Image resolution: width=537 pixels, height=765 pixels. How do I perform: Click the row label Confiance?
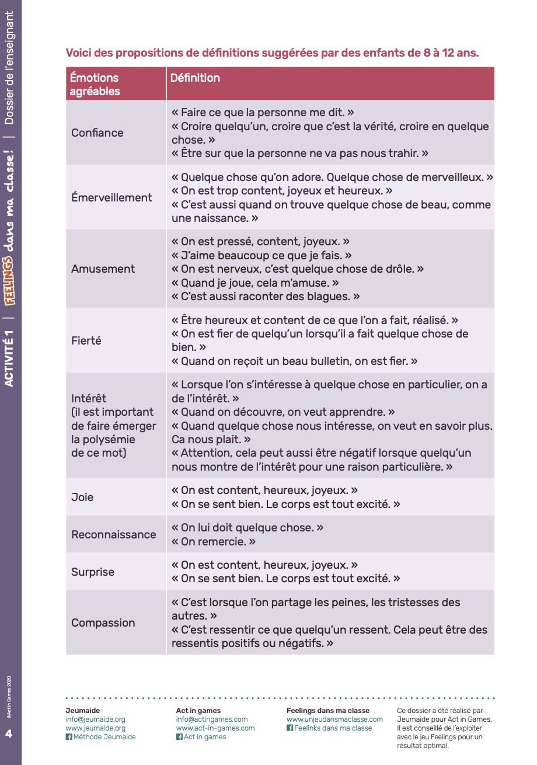[x=97, y=133]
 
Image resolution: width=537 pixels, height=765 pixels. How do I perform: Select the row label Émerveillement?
[x=111, y=197]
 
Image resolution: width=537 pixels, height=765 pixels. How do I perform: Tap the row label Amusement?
[x=103, y=269]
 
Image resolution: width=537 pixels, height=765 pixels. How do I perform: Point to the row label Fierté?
[x=86, y=340]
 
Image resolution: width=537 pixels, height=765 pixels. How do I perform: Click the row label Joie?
[x=82, y=497]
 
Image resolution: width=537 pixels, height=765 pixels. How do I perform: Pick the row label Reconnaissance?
[x=114, y=534]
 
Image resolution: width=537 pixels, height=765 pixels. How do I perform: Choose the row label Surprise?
[x=93, y=572]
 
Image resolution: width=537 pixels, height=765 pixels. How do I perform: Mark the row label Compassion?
[x=103, y=623]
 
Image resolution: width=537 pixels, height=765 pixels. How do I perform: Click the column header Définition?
[x=195, y=78]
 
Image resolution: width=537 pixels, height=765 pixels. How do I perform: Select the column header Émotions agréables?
[x=95, y=84]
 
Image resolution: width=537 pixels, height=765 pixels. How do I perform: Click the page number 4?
[x=9, y=733]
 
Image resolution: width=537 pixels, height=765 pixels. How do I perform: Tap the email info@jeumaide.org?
[x=95, y=719]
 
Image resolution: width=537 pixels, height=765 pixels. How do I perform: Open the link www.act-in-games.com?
[x=215, y=728]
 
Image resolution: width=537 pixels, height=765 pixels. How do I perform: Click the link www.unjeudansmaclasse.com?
[x=334, y=719]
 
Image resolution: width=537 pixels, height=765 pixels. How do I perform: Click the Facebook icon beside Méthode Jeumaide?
[x=69, y=737]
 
